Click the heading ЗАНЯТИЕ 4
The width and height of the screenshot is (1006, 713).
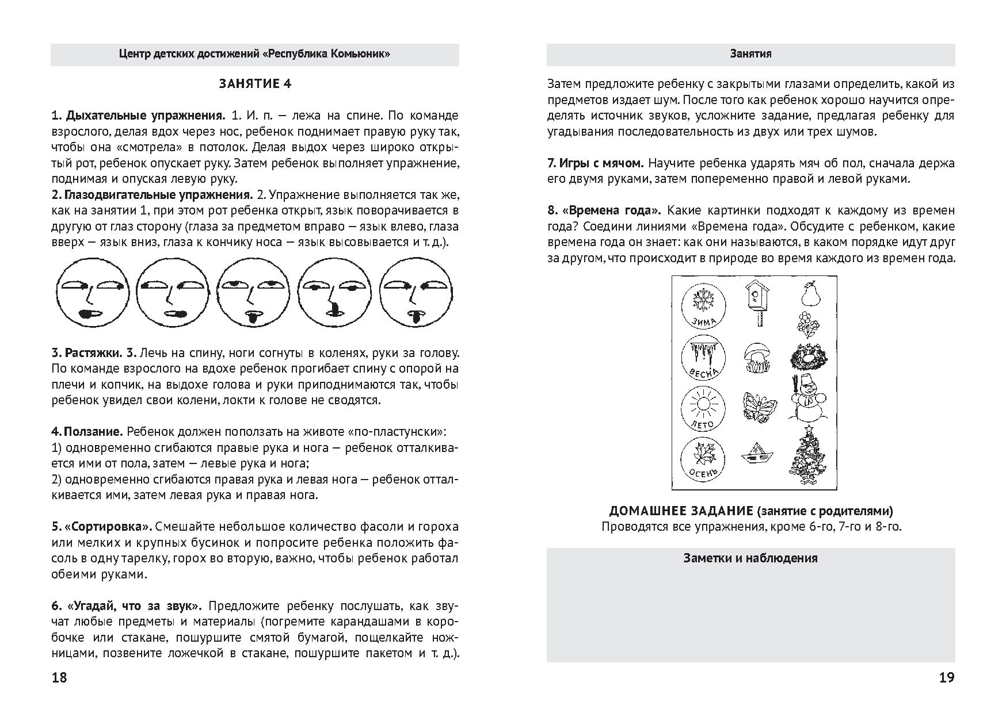(255, 84)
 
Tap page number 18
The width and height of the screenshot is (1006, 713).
(59, 677)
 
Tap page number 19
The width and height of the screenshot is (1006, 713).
(947, 677)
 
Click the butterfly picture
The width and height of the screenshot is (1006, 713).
(759, 408)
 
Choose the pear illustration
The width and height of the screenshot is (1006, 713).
(809, 293)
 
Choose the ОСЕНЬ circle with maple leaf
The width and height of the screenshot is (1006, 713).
(702, 461)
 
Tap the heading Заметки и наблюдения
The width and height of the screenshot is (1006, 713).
(750, 558)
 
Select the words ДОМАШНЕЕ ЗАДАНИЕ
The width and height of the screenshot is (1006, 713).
(681, 511)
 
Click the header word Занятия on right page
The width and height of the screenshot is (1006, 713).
(750, 54)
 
